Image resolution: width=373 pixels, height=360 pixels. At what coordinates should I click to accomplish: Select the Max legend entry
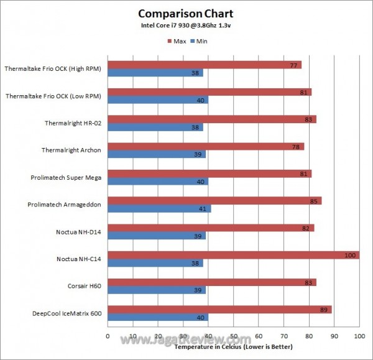(177, 41)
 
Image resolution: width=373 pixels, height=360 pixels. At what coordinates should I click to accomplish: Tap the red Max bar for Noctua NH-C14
(233, 255)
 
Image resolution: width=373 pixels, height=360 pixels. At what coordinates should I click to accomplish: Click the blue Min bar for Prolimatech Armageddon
(160, 208)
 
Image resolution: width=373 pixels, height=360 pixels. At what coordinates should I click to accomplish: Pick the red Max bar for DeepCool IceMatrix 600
(219, 310)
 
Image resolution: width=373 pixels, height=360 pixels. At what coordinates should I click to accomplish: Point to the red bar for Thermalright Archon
(206, 146)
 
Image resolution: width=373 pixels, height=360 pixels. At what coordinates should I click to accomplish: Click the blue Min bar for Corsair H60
(157, 290)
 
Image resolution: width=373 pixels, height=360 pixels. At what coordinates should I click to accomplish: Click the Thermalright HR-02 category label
(73, 122)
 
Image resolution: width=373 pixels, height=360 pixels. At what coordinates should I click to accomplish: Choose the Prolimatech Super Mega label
(66, 177)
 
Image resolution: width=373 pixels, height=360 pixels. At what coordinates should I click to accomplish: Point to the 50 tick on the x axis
(234, 337)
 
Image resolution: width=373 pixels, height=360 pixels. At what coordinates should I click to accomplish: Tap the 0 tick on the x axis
(108, 337)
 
